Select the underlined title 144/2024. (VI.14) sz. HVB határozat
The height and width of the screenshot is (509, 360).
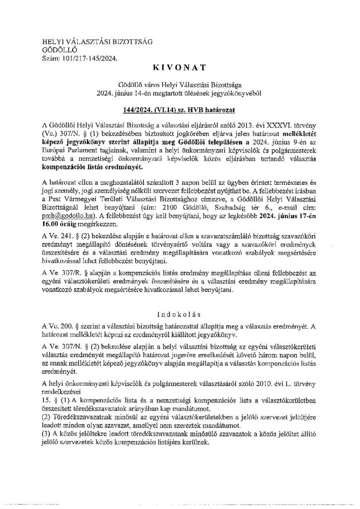coord(180,107)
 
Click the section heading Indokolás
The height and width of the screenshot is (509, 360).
coord(180,314)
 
